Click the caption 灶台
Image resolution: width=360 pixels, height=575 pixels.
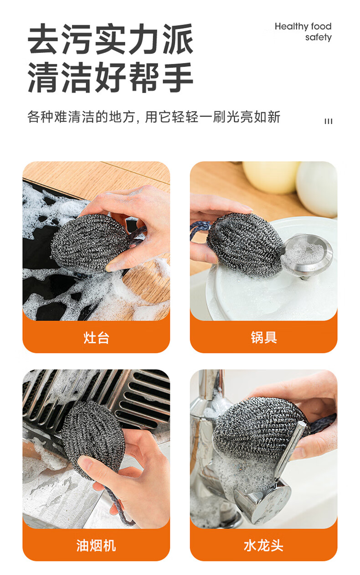click(96, 337)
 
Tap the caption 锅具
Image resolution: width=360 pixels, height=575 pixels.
click(264, 337)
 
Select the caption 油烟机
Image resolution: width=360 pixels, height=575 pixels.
click(96, 545)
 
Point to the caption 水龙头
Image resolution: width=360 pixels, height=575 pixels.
click(264, 545)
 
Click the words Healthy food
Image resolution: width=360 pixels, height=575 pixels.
click(303, 26)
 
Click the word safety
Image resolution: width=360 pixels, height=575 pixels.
click(319, 37)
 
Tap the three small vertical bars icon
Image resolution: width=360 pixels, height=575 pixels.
click(329, 121)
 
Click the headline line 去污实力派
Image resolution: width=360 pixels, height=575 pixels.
click(110, 39)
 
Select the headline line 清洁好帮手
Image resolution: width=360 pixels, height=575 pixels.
click(110, 77)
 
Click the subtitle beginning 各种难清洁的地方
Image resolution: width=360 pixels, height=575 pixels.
click(154, 117)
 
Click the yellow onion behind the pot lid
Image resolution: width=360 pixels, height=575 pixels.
click(271, 177)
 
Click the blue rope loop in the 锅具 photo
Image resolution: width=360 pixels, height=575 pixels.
click(200, 230)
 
